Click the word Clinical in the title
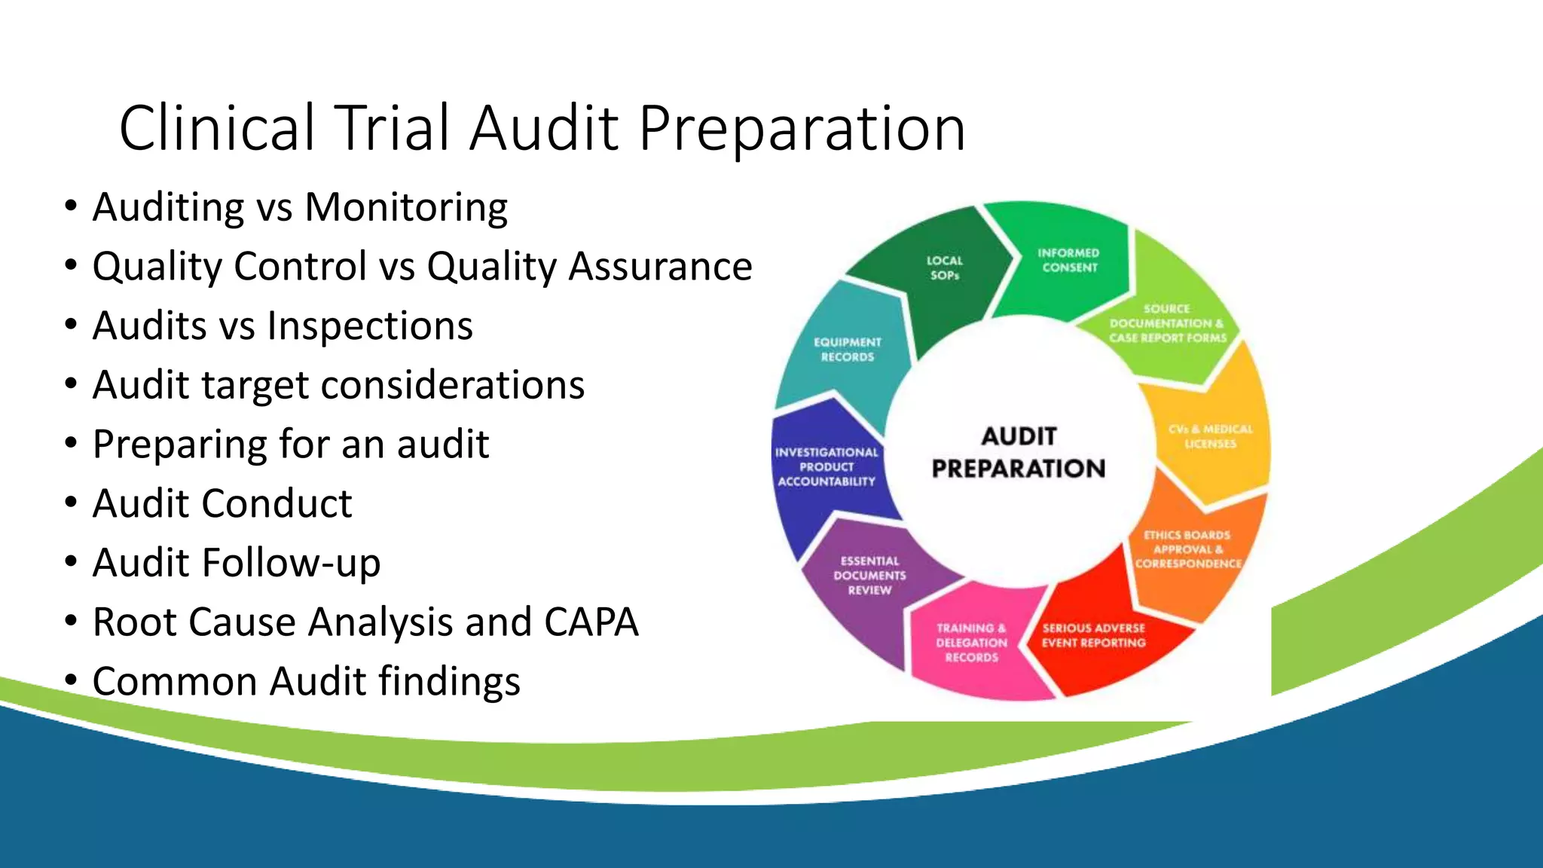[217, 128]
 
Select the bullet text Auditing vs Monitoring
[300, 207]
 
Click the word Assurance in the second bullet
[660, 267]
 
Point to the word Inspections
[369, 326]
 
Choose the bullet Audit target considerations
[338, 385]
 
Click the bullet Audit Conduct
[222, 503]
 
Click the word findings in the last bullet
[449, 681]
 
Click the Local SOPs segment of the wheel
[944, 269]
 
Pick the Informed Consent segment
[1068, 261]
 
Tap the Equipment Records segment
[847, 350]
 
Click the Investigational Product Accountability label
[826, 467]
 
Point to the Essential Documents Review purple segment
[869, 576]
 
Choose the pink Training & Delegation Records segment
[971, 643]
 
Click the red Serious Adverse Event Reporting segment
[1093, 635]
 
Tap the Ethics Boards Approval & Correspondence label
[1187, 549]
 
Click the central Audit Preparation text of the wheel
[1019, 453]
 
